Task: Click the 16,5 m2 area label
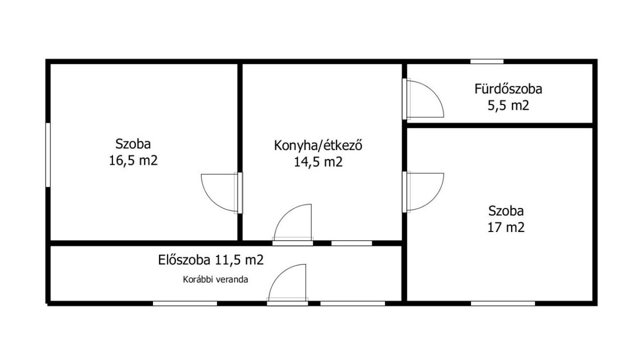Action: [133, 161]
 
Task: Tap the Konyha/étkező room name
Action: [318, 145]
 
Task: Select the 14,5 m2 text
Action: [318, 162]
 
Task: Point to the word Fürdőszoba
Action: [508, 89]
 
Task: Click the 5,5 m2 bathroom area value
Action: [508, 106]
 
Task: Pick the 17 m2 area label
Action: [506, 228]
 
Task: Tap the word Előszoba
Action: [185, 260]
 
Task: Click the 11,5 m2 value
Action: [239, 260]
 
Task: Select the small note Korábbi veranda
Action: [215, 279]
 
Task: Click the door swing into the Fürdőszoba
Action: [423, 99]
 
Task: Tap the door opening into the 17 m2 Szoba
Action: [423, 192]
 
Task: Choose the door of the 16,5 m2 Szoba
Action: [222, 193]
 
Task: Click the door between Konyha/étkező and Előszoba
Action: [293, 225]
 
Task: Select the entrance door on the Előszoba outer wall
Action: [287, 285]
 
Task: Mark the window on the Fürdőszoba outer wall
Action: [487, 61]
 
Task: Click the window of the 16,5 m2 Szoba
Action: [48, 155]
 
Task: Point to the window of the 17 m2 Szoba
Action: [503, 303]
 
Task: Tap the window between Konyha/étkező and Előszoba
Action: [351, 243]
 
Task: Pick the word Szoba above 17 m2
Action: [506, 211]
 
